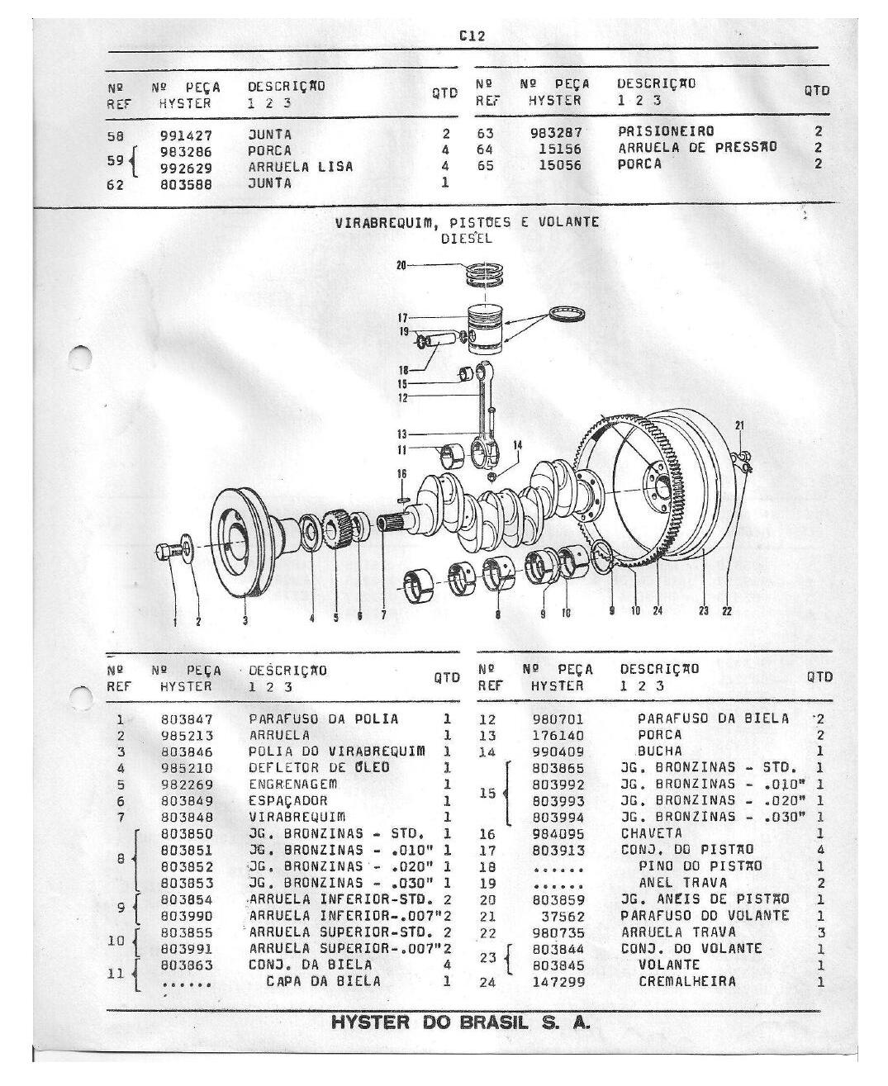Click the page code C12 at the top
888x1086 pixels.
click(472, 36)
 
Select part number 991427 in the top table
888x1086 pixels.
click(186, 136)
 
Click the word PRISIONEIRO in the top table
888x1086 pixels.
click(666, 131)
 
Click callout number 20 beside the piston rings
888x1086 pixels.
click(401, 266)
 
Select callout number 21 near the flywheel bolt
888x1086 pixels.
click(739, 425)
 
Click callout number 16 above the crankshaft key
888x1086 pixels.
click(401, 474)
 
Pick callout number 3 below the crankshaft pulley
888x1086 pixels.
click(245, 621)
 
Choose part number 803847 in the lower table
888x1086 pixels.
click(187, 719)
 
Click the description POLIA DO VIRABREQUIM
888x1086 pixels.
click(337, 752)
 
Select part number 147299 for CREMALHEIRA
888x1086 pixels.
click(558, 983)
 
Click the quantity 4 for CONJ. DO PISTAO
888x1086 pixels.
click(820, 850)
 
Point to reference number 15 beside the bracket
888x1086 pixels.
click(487, 793)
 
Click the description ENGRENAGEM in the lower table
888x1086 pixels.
click(293, 785)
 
